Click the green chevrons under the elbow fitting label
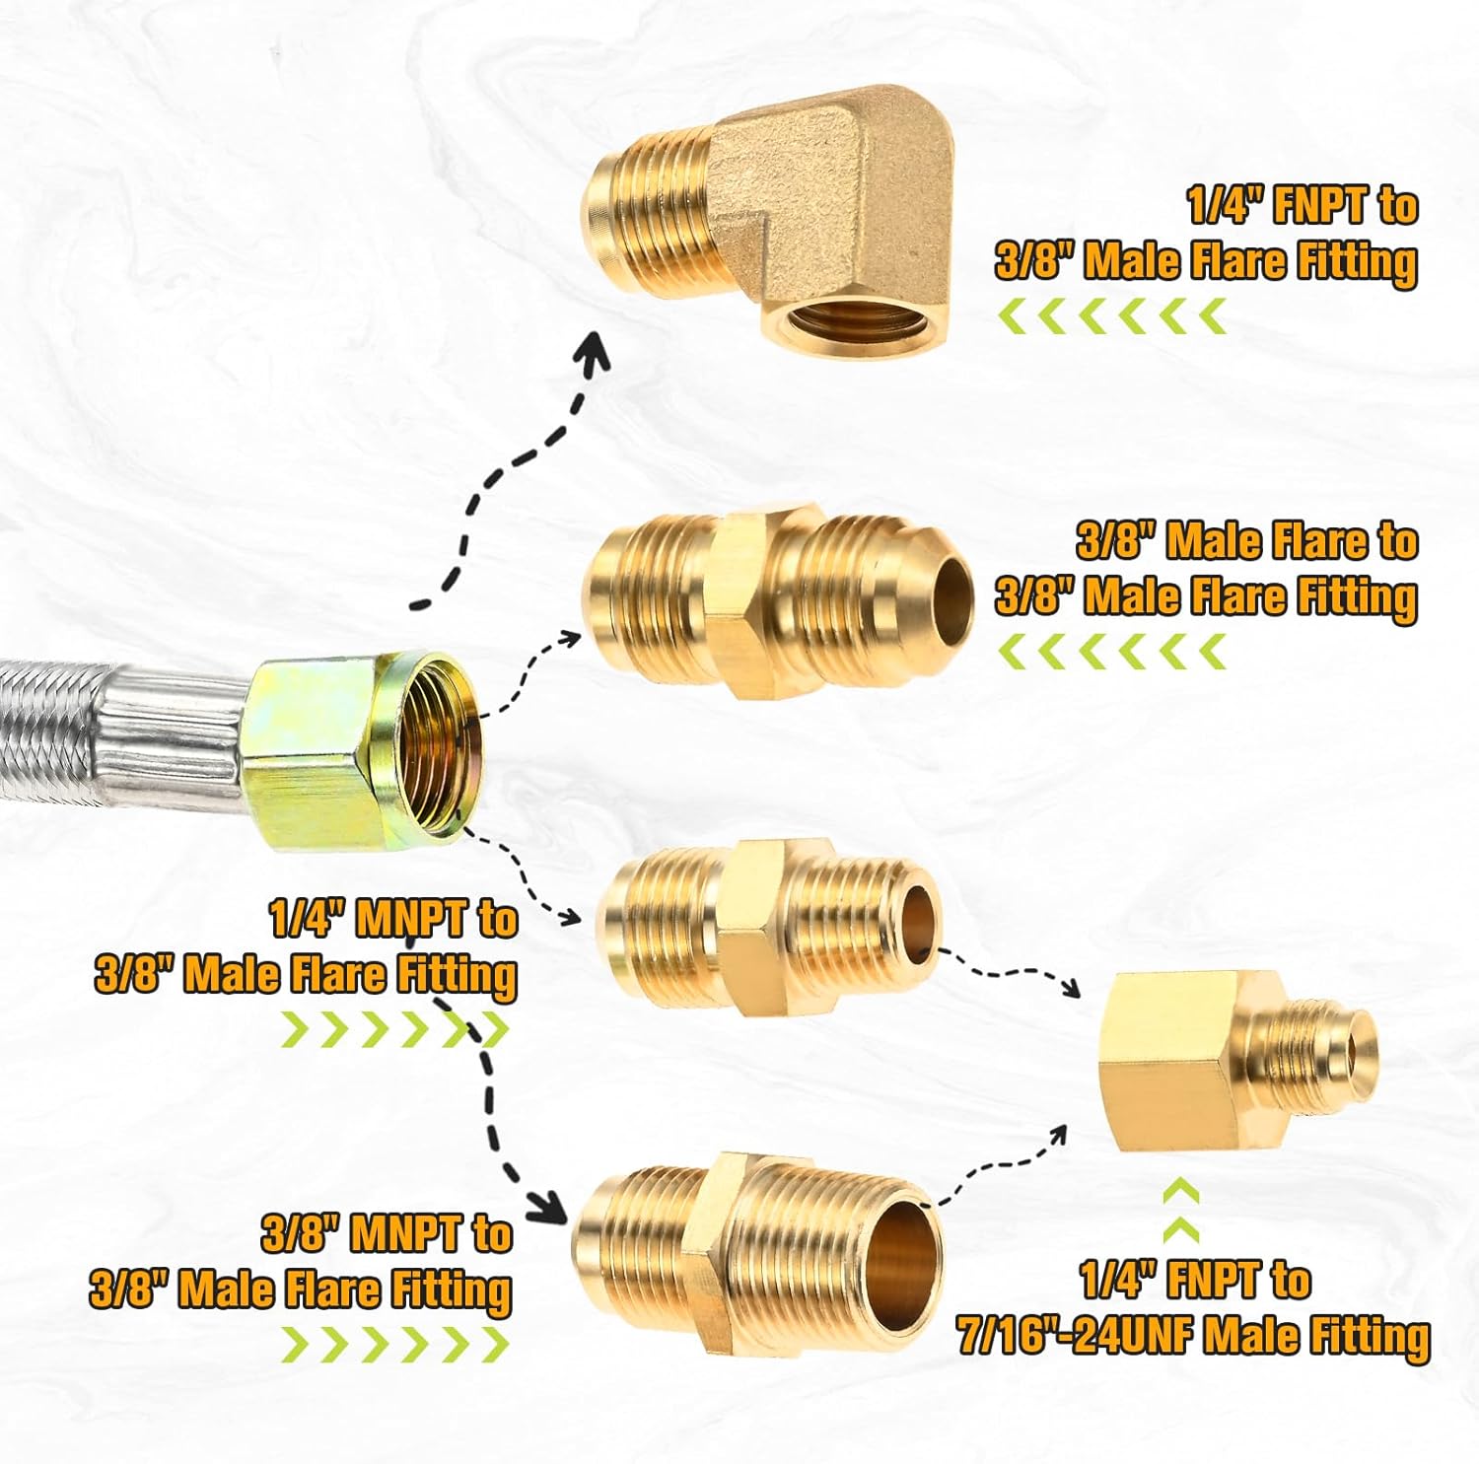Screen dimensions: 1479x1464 pos(1112,317)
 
